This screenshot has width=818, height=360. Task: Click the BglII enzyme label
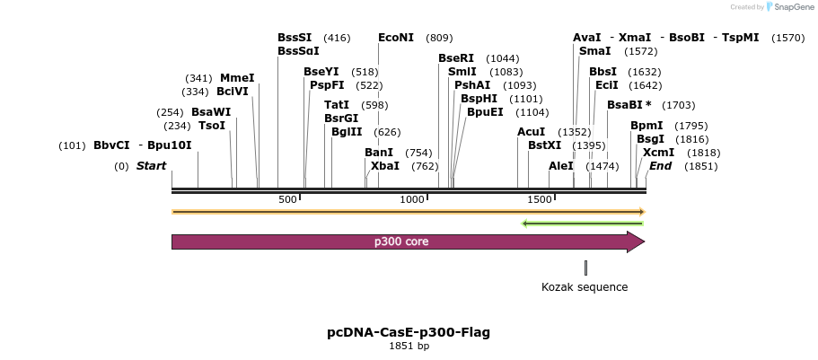point(347,132)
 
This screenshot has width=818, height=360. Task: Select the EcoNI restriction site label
point(396,38)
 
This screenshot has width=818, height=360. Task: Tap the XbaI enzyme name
point(384,166)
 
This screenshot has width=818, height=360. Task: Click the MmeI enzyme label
point(237,78)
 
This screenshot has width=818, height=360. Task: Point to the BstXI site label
point(544,145)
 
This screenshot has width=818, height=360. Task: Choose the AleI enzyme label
point(561,166)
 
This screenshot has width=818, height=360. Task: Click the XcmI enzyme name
point(658,153)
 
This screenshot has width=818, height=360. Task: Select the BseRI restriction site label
point(456,58)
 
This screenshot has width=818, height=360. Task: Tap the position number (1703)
point(678,105)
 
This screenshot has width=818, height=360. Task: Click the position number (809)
point(439,38)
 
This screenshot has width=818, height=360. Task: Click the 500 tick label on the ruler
point(288,199)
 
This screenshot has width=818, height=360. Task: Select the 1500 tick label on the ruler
point(539,199)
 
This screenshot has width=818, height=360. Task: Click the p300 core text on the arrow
point(401,241)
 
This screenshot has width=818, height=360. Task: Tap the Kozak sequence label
point(585,287)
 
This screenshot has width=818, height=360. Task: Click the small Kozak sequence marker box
point(585,268)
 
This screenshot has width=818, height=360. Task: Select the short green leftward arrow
point(583,223)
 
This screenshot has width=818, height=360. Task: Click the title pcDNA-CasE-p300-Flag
point(409,332)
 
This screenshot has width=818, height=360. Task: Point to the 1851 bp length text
point(409,346)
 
